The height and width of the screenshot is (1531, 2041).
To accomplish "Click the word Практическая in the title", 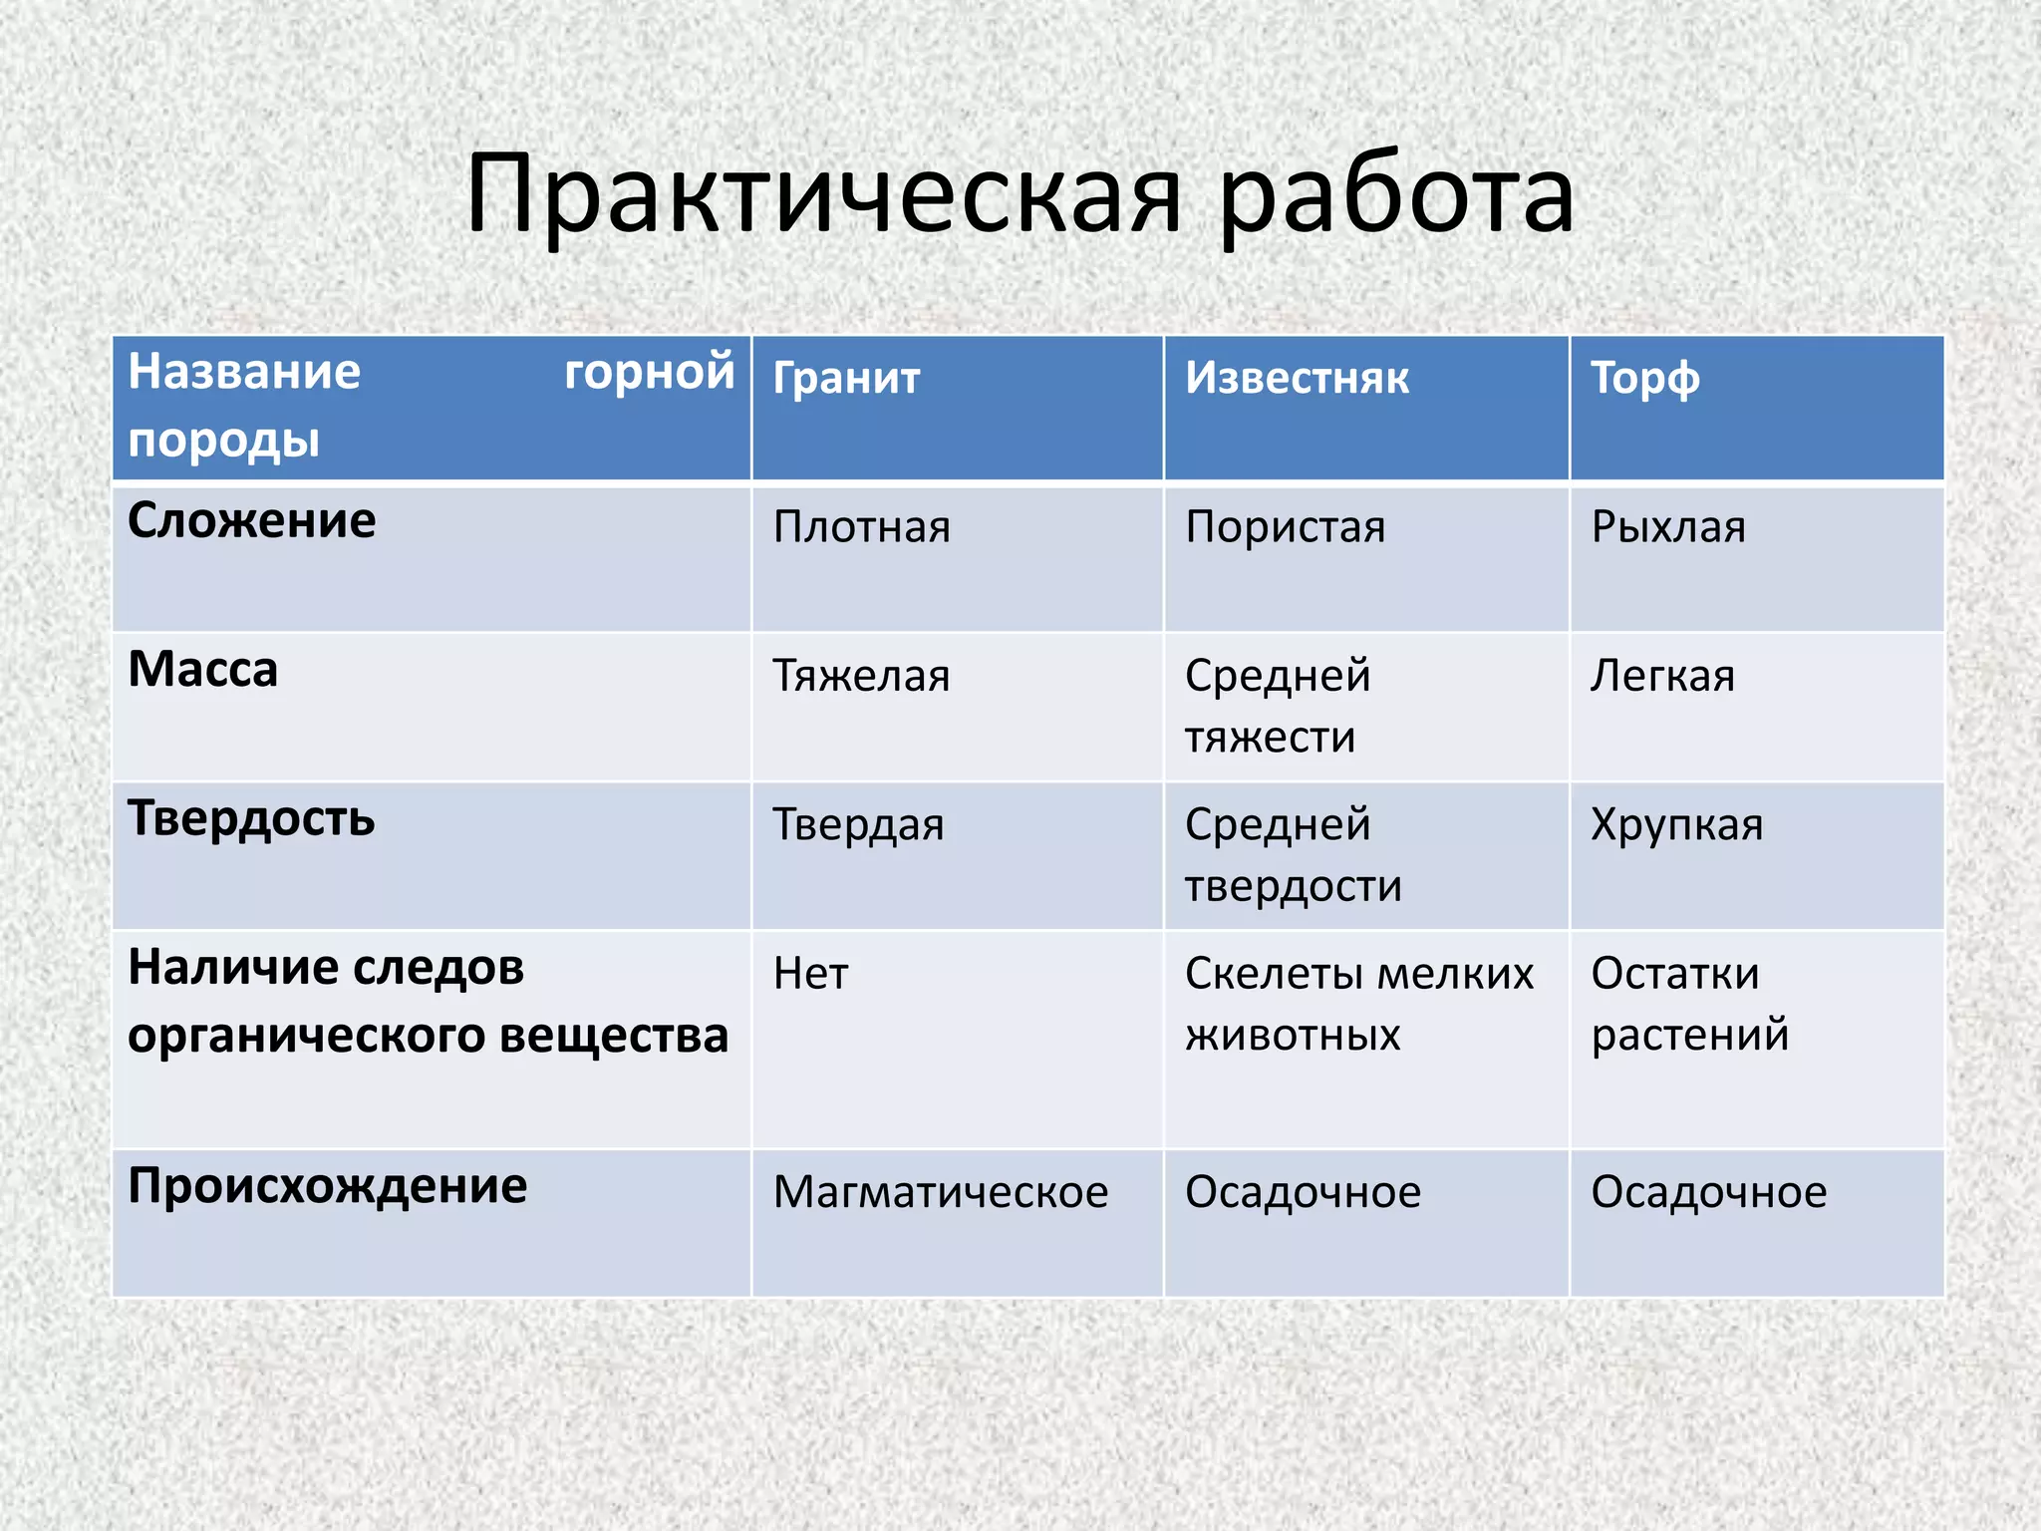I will [x=823, y=196].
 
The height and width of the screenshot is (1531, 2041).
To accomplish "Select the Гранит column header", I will [x=846, y=380].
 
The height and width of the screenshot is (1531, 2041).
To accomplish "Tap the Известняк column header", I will [x=1297, y=380].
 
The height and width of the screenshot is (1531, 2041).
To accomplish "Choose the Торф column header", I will [x=1644, y=380].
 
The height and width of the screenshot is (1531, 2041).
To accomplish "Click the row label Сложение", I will [x=252, y=521].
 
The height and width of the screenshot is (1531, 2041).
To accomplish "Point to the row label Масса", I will [x=203, y=670].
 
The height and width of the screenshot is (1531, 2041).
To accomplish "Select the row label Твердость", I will [x=251, y=819].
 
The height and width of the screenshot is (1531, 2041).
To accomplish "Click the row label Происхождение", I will [x=328, y=1187].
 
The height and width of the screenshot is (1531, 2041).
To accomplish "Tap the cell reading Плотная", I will [x=861, y=527].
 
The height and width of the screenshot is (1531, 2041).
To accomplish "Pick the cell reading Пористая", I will [x=1285, y=527].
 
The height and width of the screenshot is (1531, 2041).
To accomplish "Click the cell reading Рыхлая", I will [x=1668, y=527].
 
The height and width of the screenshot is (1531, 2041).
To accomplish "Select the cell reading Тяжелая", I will [x=861, y=677].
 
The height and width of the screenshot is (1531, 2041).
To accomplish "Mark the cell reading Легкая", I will [x=1662, y=677].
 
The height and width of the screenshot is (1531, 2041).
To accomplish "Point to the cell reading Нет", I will [x=810, y=974].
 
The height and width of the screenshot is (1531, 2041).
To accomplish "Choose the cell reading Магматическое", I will [x=940, y=1193].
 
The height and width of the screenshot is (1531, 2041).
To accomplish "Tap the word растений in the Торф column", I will [x=1689, y=1036].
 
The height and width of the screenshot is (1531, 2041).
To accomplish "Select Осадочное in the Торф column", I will [x=1708, y=1193].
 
